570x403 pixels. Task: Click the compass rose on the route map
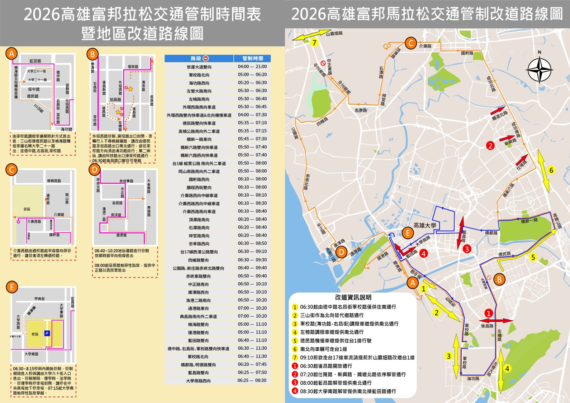pos(539,70)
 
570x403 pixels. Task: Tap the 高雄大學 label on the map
pos(424,225)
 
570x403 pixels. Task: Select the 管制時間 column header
pos(252,58)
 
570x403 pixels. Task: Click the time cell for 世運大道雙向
pos(252,67)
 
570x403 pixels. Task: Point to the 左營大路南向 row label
pos(199,91)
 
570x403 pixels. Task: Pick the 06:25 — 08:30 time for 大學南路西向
pos(252,380)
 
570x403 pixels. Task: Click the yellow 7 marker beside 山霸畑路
pos(314,43)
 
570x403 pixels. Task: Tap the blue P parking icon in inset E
pos(47,334)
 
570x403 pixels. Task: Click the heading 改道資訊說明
pos(353,297)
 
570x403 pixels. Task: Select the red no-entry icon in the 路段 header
pos(206,58)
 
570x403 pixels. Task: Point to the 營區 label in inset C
pos(27,209)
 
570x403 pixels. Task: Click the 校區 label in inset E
pos(35,334)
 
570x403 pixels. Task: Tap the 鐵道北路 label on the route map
pos(499,115)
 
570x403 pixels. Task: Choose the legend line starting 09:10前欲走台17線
pos(357,358)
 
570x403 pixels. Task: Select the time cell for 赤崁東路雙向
pos(252,276)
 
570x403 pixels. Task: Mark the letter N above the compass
pos(540,52)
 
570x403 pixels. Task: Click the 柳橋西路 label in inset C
pos(54,181)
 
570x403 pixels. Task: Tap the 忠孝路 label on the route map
pos(361,110)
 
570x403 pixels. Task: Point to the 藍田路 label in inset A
pos(35,61)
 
